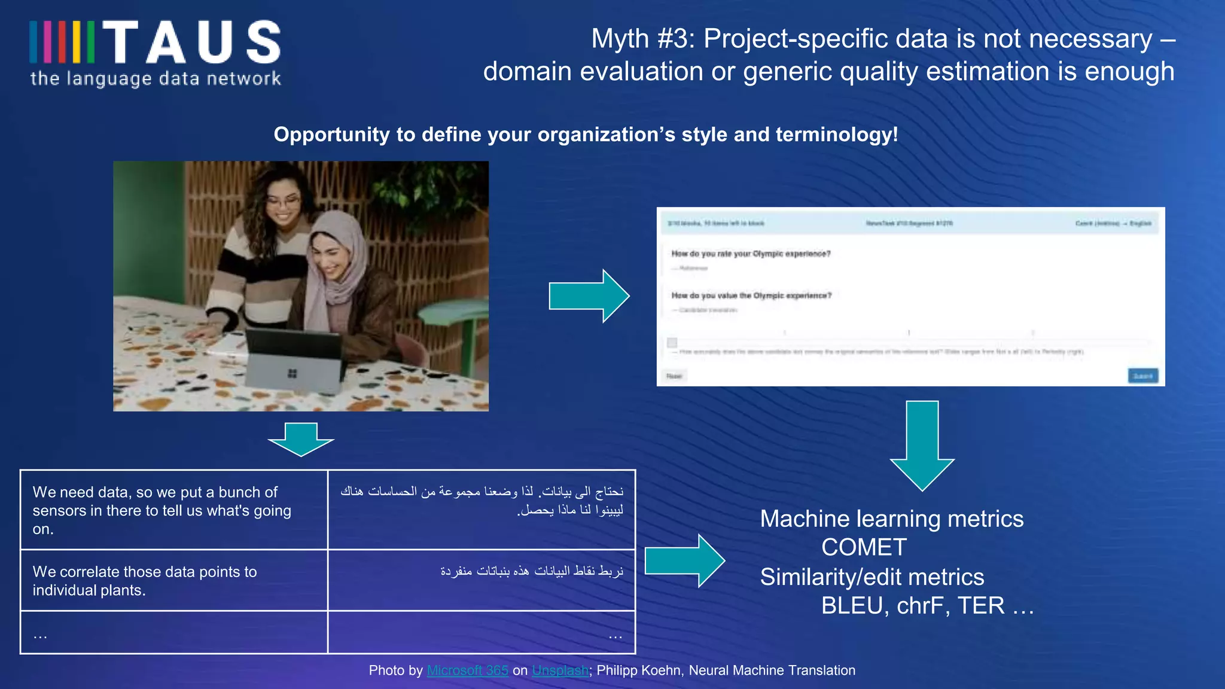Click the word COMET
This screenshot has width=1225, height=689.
coord(864,548)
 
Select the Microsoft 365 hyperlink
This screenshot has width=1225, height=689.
coord(467,670)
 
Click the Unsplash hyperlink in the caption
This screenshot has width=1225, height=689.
coord(560,670)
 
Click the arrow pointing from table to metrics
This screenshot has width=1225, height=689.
coord(684,561)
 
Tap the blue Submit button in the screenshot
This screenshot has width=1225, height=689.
coord(1142,376)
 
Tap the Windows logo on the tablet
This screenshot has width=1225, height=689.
coord(292,374)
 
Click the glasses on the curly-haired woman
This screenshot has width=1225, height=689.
coord(282,203)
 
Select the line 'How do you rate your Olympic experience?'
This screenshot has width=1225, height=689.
coord(750,254)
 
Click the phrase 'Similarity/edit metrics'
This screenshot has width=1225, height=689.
coord(871,577)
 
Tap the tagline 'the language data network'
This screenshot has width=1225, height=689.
coord(156,78)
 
